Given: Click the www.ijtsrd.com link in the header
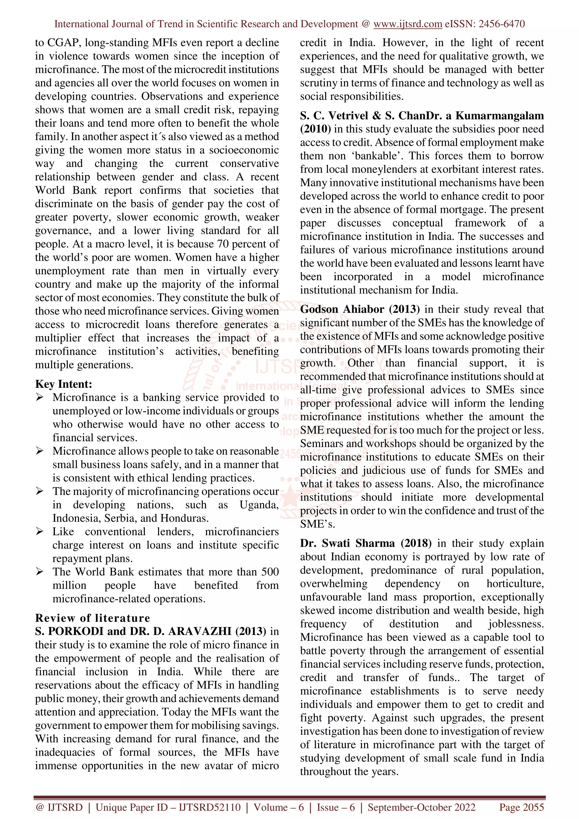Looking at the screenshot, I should point(407,24).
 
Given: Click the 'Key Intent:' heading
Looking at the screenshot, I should point(64,384).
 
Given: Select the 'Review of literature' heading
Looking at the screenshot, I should point(92,618).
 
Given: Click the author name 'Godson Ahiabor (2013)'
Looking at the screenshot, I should point(360,309).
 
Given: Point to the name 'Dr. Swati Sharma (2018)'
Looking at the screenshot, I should point(365,543).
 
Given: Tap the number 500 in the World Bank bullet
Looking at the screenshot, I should point(270,572).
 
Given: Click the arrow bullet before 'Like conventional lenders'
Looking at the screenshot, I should point(39,532).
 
